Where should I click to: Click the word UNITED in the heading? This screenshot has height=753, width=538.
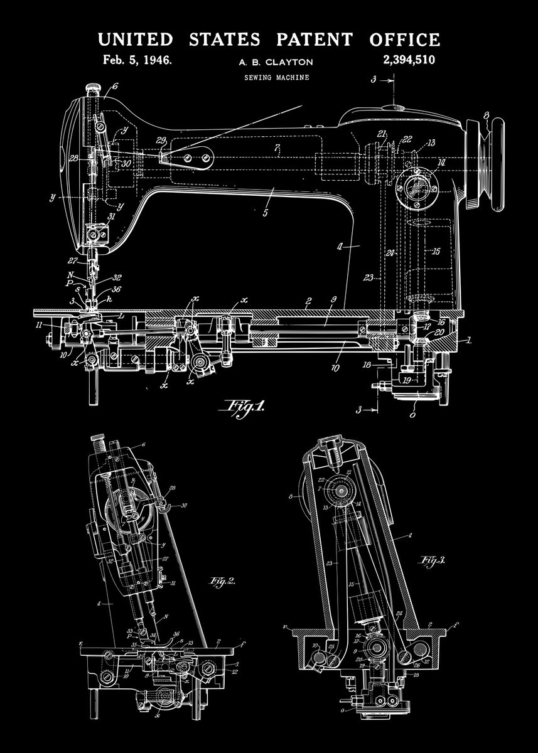pyautogui.click(x=135, y=40)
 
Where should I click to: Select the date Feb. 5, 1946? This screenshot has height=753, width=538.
pyautogui.click(x=137, y=61)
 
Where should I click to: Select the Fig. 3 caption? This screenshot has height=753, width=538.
pyautogui.click(x=433, y=560)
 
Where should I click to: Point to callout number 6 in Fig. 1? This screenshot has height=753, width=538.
pyautogui.click(x=116, y=87)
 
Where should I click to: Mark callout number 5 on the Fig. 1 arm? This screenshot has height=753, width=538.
pyautogui.click(x=266, y=213)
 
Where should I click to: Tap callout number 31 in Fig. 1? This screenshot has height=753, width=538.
pyautogui.click(x=112, y=218)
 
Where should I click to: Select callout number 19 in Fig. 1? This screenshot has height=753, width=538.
pyautogui.click(x=407, y=380)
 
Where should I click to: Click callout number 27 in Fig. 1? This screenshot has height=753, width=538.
pyautogui.click(x=73, y=261)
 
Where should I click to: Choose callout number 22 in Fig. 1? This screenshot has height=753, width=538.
pyautogui.click(x=407, y=139)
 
